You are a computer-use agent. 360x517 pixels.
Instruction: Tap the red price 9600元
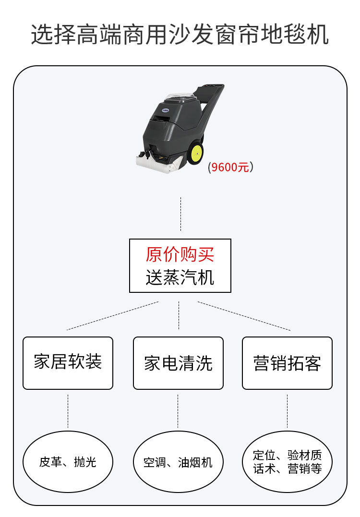click(230, 168)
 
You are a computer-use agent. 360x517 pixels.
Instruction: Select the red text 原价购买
click(180, 255)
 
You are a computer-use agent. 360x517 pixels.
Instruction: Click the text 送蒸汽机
click(180, 277)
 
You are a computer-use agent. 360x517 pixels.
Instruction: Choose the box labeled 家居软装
click(68, 362)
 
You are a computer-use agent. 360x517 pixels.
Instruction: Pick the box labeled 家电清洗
click(178, 363)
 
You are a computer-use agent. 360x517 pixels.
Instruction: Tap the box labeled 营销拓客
click(287, 363)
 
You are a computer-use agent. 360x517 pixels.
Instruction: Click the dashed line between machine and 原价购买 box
click(180, 214)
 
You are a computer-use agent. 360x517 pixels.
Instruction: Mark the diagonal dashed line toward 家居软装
click(113, 315)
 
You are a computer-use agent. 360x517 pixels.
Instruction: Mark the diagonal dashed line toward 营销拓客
click(244, 316)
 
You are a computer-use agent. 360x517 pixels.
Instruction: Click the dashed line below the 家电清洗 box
click(178, 410)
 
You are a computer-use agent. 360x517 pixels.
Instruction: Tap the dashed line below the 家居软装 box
click(68, 410)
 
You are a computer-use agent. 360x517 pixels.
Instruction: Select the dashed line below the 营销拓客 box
click(287, 410)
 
